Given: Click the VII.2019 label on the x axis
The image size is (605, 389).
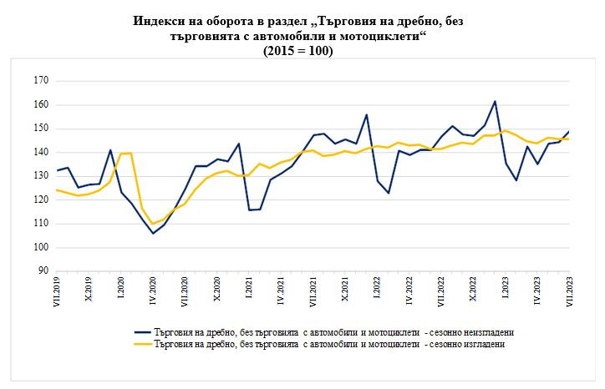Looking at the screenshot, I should click(57, 293).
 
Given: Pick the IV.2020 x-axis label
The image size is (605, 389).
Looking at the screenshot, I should click(153, 293).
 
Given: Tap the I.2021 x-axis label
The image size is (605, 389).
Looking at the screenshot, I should click(249, 291).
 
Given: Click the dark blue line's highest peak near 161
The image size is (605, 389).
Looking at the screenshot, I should click(496, 101).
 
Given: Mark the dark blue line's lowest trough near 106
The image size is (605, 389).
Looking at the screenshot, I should click(153, 233).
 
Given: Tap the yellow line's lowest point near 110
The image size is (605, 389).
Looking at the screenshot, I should click(153, 224).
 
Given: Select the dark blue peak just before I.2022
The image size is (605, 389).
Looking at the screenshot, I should click(366, 114).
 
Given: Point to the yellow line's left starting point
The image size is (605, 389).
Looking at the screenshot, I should click(57, 190).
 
